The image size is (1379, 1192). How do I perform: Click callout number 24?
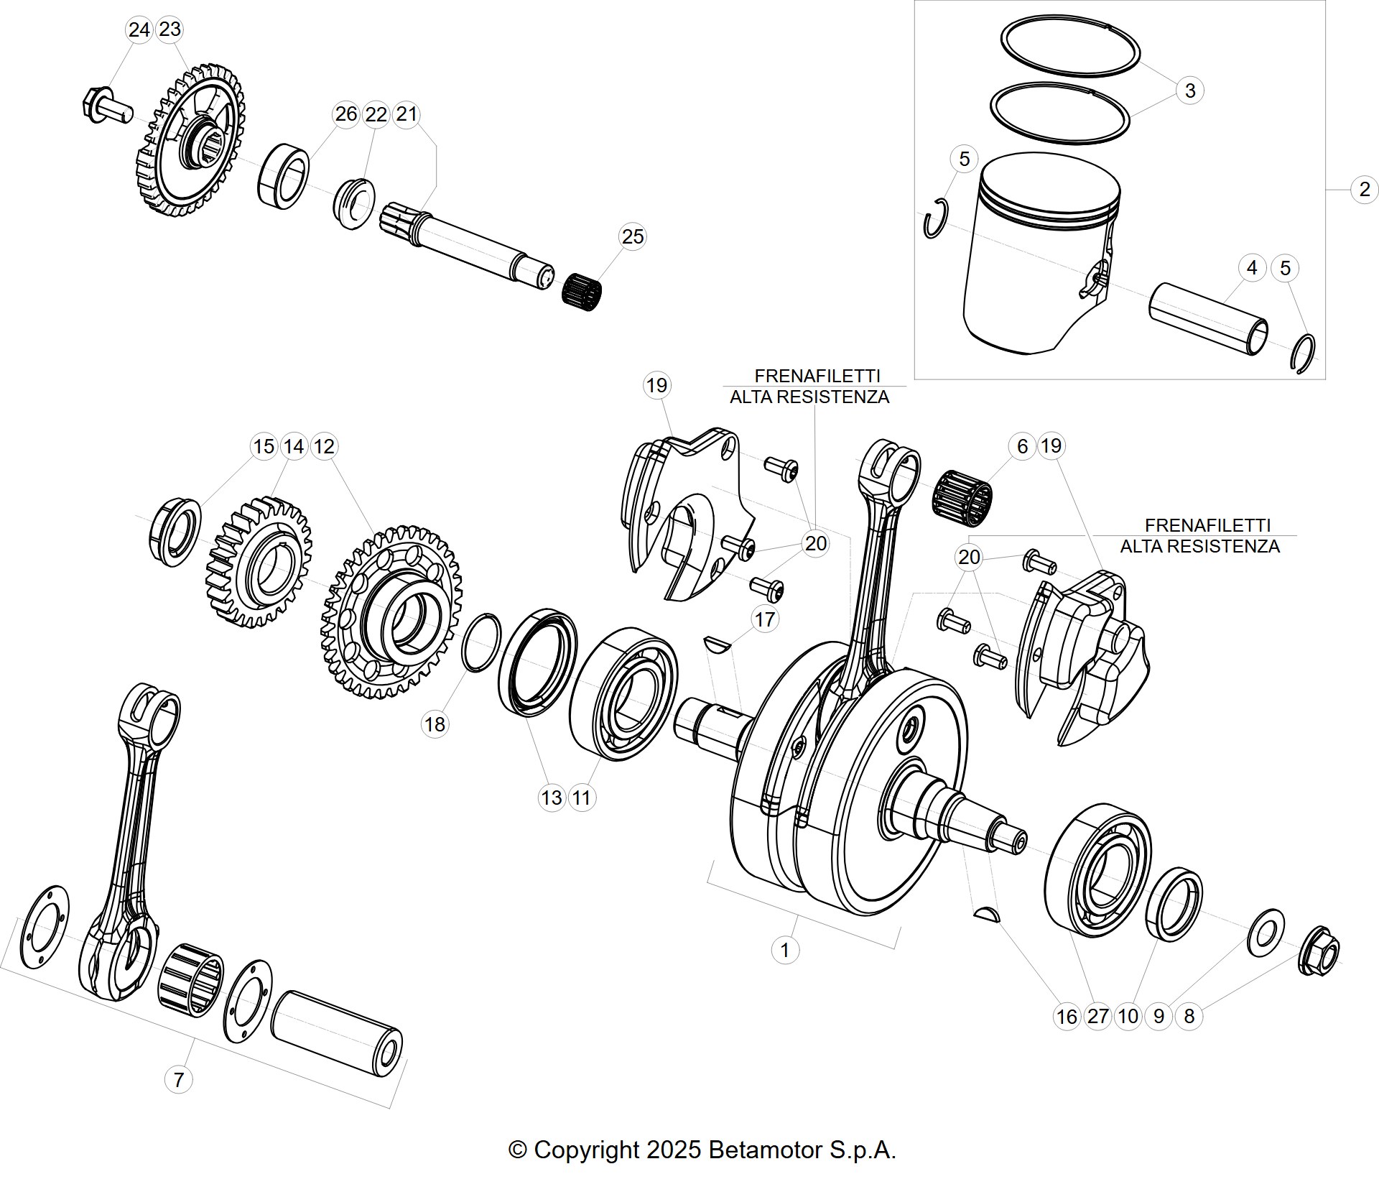(x=139, y=29)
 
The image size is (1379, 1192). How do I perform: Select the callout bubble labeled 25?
(x=632, y=236)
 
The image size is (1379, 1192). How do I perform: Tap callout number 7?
(x=178, y=1079)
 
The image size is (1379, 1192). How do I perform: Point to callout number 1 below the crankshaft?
(x=784, y=950)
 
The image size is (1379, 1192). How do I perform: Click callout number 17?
(x=765, y=619)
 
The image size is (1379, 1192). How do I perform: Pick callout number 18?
(x=435, y=724)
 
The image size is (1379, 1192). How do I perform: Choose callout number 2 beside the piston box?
(x=1365, y=190)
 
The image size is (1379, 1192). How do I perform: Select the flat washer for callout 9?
(x=1266, y=933)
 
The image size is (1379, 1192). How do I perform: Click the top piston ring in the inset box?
(x=1072, y=45)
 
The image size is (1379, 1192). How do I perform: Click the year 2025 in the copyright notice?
(x=673, y=1150)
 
